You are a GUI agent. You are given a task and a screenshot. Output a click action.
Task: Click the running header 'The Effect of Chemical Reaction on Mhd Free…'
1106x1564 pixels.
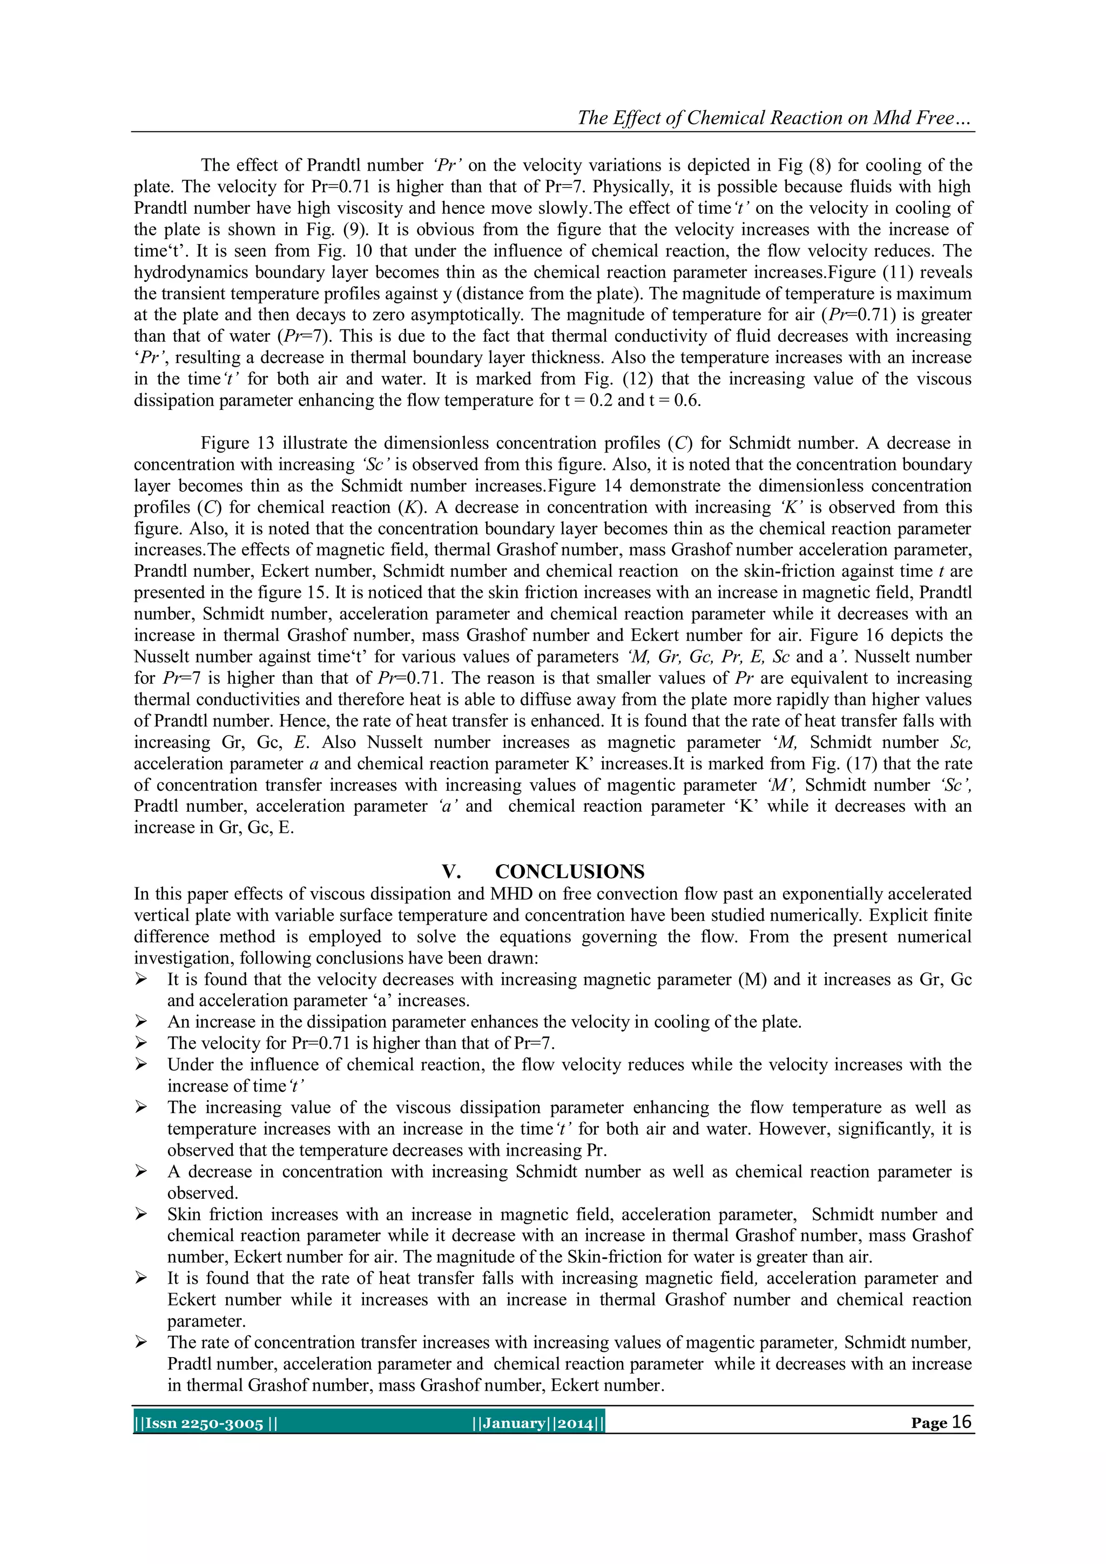tap(775, 118)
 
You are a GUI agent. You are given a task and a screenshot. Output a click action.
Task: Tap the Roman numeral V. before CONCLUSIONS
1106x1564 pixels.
tap(451, 872)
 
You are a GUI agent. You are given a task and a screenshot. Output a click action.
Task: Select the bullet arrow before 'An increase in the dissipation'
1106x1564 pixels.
tap(141, 1022)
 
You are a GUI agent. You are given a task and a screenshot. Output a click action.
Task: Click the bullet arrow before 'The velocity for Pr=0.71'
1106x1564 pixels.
tap(141, 1043)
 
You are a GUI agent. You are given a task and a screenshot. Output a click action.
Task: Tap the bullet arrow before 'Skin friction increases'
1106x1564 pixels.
tap(141, 1215)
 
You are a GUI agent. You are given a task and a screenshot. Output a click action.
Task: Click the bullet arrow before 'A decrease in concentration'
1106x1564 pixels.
tap(141, 1171)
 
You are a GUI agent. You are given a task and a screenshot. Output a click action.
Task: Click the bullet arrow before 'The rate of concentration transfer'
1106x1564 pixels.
tap(141, 1343)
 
